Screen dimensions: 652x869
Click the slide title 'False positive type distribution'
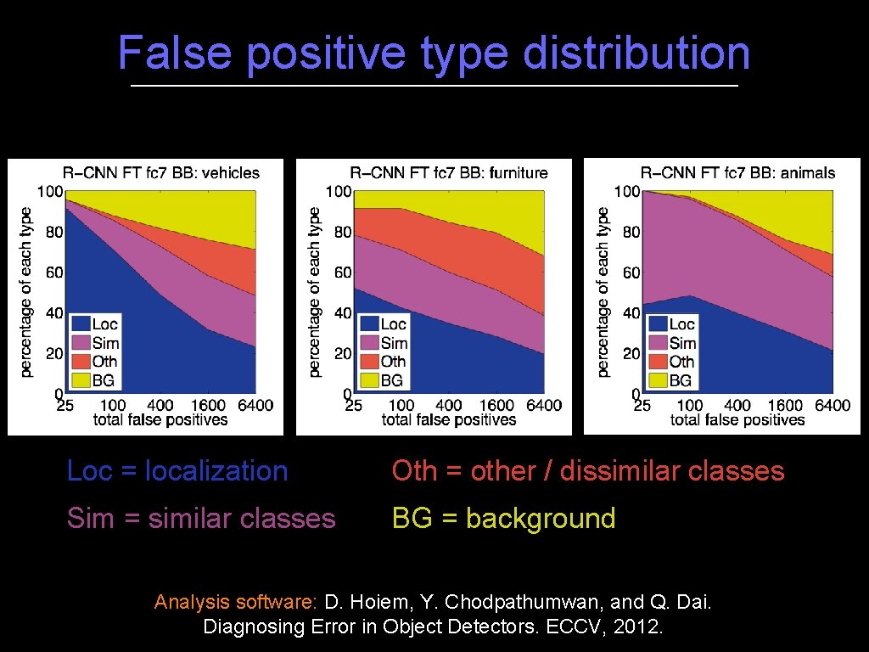(434, 53)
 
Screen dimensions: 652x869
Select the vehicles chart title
(161, 173)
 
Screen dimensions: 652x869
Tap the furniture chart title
(449, 173)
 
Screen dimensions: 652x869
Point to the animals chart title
(737, 173)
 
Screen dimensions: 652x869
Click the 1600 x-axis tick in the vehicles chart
(208, 406)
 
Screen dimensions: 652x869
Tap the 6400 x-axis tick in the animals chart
(833, 406)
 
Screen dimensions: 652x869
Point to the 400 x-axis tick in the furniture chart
(448, 406)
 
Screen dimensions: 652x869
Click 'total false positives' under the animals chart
(737, 420)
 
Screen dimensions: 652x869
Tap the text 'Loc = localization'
(177, 470)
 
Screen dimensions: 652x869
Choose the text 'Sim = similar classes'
(201, 519)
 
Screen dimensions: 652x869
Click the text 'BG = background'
(503, 519)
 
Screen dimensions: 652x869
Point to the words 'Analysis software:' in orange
(235, 603)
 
